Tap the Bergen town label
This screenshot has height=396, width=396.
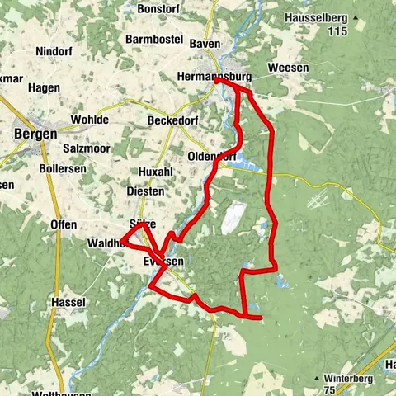(35, 134)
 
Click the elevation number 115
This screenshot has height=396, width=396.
(334, 31)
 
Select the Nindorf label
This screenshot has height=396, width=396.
(54, 51)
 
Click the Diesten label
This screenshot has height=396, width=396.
(145, 191)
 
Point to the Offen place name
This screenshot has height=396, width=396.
(64, 224)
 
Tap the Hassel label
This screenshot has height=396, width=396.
(68, 302)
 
